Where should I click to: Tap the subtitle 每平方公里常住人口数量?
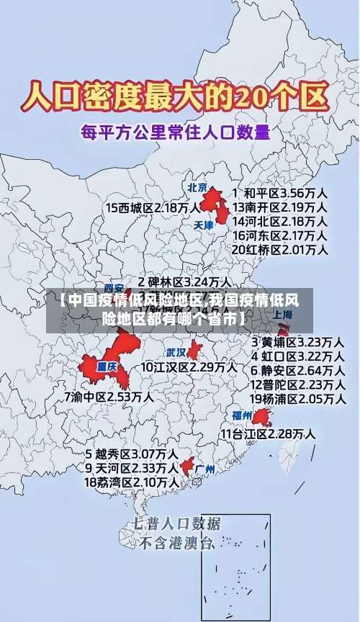(x=176, y=132)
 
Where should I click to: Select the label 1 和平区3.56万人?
(x=280, y=193)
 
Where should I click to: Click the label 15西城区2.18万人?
(x=153, y=207)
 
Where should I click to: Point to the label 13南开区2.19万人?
(x=280, y=207)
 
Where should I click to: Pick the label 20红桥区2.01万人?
(x=280, y=250)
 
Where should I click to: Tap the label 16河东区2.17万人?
(x=280, y=235)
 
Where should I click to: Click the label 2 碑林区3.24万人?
(x=185, y=281)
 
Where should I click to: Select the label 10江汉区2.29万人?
(x=188, y=367)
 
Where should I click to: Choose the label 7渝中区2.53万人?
(x=109, y=396)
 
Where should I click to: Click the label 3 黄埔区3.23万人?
(x=297, y=341)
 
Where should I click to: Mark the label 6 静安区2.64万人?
(x=297, y=370)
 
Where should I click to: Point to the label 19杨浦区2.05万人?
(x=297, y=399)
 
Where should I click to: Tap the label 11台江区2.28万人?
(x=268, y=433)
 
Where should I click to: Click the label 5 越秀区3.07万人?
(x=132, y=454)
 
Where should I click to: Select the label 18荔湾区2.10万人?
(x=132, y=482)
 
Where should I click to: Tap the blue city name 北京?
(x=197, y=188)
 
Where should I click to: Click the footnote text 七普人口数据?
(x=177, y=523)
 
